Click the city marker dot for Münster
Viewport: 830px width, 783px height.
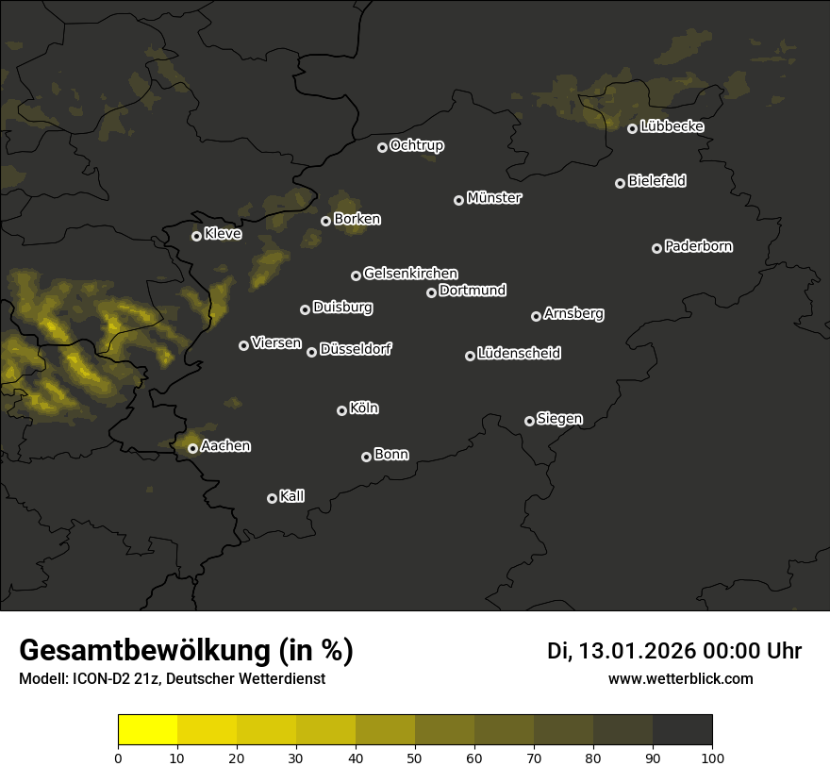[x=459, y=200]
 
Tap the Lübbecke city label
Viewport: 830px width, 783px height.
[x=672, y=126]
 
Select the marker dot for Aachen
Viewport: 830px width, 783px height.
[x=193, y=448]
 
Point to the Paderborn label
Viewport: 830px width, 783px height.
[x=698, y=246]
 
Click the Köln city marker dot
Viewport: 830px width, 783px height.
[x=342, y=410]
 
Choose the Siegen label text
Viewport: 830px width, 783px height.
[x=559, y=419]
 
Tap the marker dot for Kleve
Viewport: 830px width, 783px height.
[x=197, y=236]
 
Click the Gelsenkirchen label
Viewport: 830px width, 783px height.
[x=410, y=274]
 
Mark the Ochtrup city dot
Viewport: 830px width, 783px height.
[x=382, y=147]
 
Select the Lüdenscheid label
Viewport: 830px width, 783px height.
[x=519, y=354]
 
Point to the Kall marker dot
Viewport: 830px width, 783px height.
[x=273, y=498]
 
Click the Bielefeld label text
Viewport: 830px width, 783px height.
[x=656, y=181]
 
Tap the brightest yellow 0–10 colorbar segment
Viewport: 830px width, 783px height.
[x=148, y=730]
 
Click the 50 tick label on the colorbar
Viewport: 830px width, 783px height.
[x=415, y=758]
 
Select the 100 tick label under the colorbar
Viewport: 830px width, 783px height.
[x=712, y=758]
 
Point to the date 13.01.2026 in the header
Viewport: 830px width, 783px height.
[x=633, y=651]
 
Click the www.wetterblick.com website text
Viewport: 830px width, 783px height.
[x=680, y=678]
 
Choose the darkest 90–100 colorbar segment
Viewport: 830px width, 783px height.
[x=682, y=730]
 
